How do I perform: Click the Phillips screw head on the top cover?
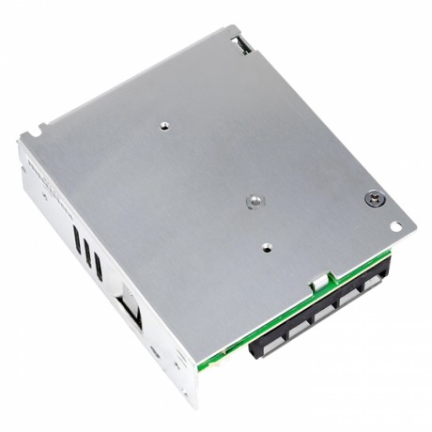375,200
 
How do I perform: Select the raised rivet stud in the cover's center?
252,200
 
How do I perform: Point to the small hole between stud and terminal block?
266,248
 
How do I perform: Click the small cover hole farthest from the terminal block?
163,123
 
